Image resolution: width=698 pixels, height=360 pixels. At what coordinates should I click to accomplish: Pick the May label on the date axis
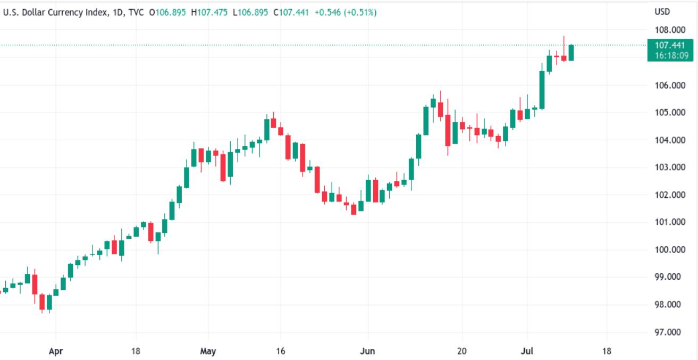tap(208, 351)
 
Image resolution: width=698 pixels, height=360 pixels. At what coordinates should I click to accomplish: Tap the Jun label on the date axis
tap(367, 351)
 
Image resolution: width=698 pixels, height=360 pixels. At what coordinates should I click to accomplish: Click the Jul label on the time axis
tap(527, 351)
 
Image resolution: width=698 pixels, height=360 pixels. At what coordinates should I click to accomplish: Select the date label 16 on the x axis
tap(281, 351)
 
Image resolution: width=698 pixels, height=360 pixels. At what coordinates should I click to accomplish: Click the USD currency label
tap(662, 12)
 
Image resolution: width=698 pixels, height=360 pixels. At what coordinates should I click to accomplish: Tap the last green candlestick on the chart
tap(571, 53)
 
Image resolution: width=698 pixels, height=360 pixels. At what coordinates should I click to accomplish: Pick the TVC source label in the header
tap(136, 12)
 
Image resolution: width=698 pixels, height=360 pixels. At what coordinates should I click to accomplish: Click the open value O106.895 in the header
tap(167, 12)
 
